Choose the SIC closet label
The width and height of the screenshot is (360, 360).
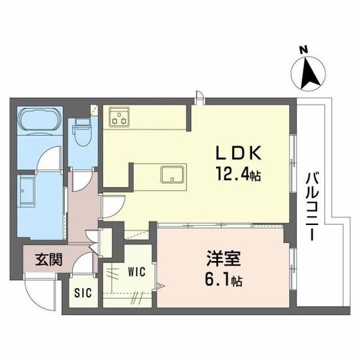[x=83, y=293]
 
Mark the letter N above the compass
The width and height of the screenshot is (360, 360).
[x=304, y=49]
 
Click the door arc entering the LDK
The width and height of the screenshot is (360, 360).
[x=112, y=207]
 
